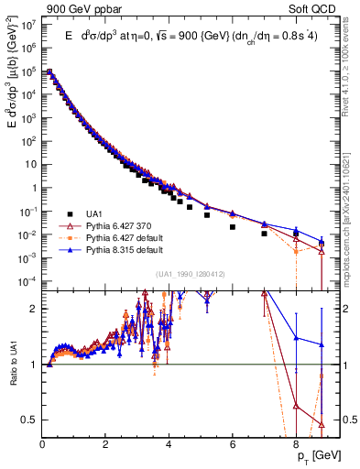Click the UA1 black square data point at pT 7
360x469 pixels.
click(265, 234)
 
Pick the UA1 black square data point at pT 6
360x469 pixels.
click(233, 226)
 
